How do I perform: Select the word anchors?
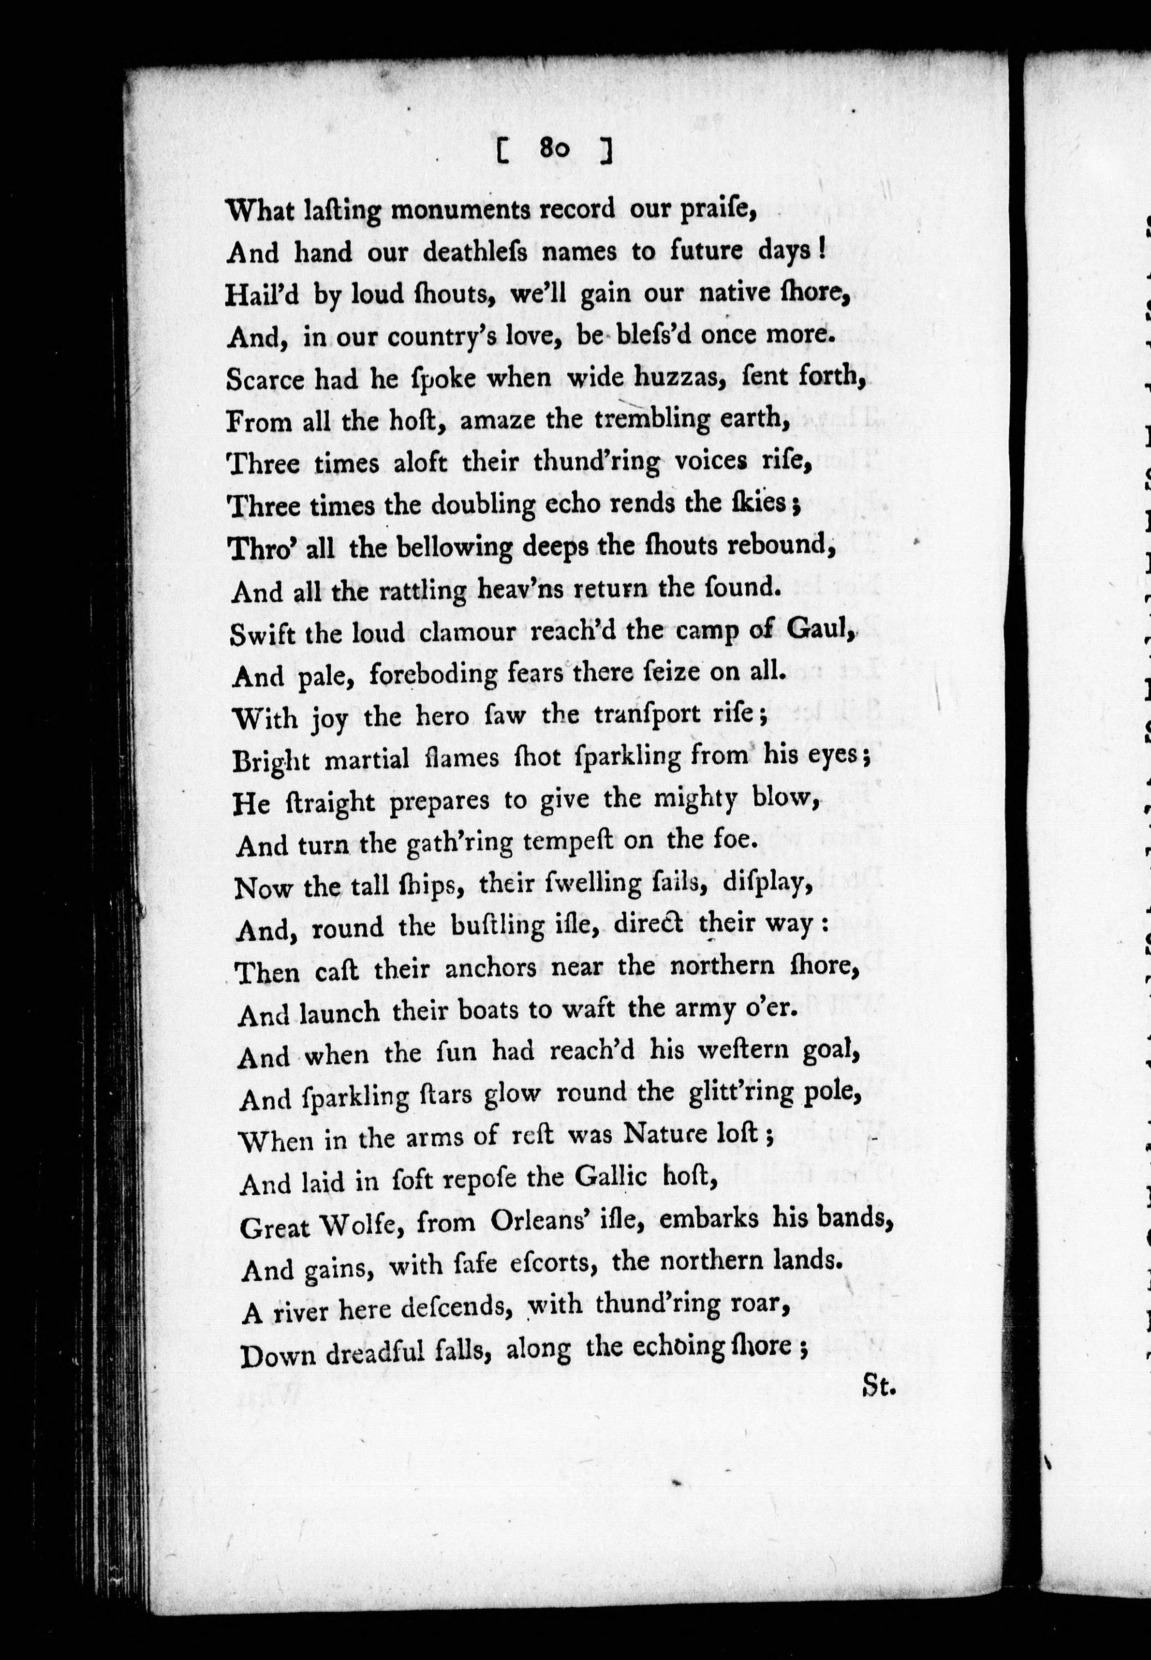[490, 967]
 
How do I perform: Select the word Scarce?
[266, 379]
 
